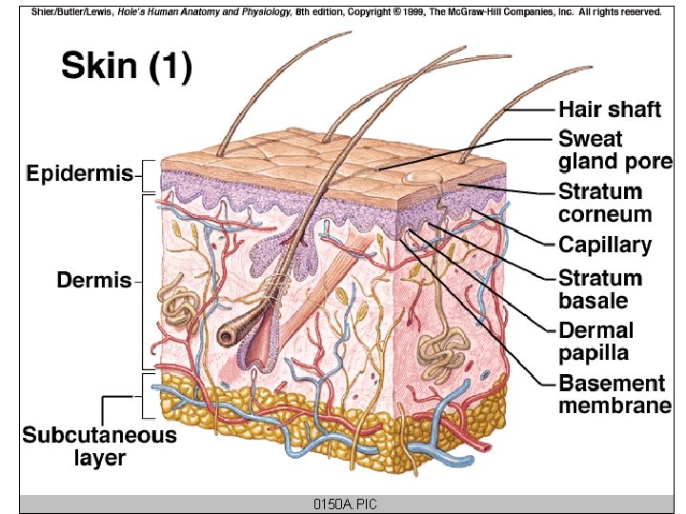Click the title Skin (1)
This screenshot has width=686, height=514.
[127, 67]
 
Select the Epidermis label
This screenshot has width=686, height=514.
[79, 174]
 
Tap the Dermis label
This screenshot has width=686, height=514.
[94, 281]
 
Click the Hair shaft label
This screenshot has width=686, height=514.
[609, 109]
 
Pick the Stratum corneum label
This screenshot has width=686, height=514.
[605, 203]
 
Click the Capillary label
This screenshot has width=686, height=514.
[605, 245]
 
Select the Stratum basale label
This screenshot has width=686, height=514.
[600, 289]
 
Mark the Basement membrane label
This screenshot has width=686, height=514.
[615, 395]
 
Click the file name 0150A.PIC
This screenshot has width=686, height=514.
[342, 504]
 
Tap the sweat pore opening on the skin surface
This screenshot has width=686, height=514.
[418, 177]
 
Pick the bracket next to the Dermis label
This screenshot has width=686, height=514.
[144, 282]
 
